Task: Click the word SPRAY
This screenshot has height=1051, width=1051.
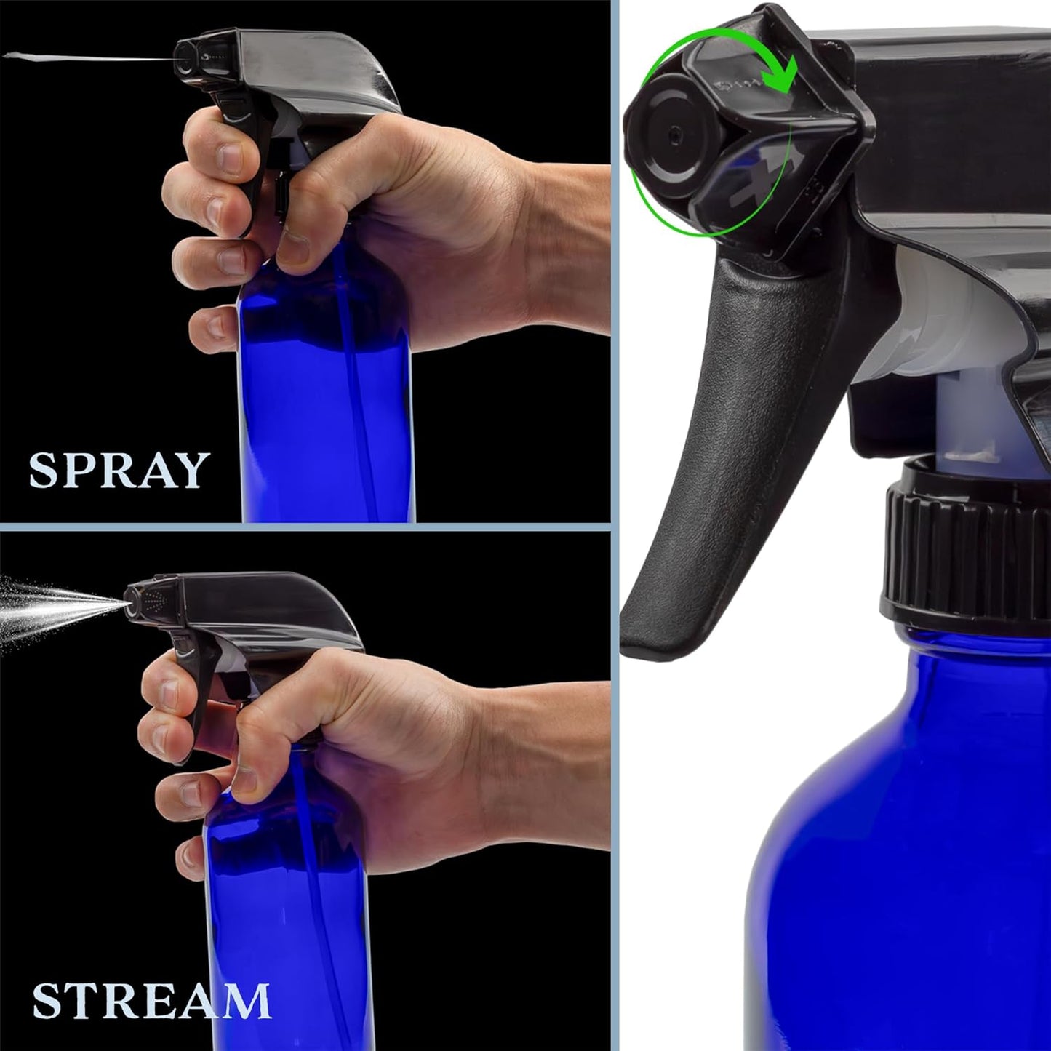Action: pos(119,470)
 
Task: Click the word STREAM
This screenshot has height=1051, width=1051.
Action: pos(151,1001)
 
